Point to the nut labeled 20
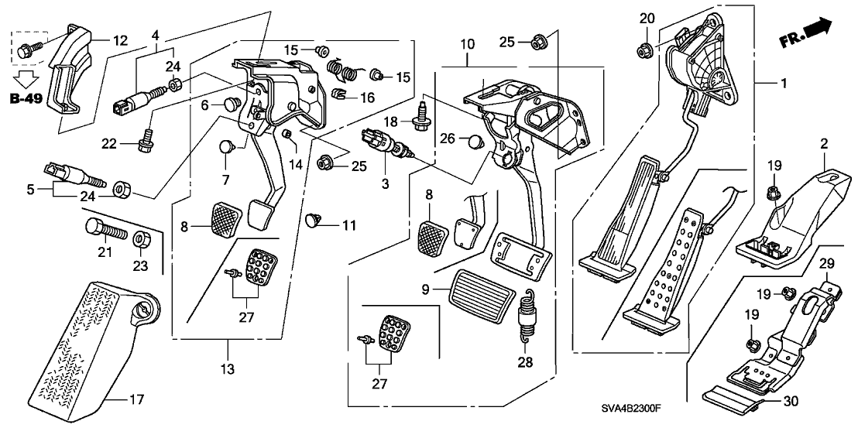[643, 51]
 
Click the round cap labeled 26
[476, 141]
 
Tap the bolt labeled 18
[424, 118]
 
